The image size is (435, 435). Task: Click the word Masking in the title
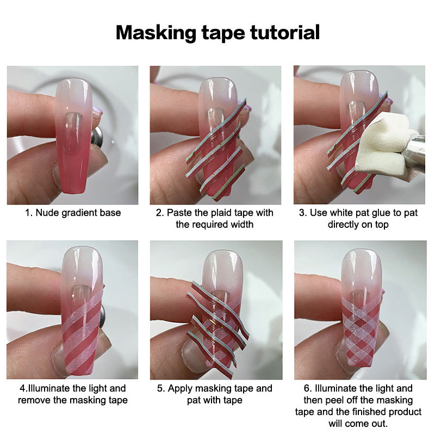click(156, 33)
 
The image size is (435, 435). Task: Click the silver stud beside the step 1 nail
click(97, 137)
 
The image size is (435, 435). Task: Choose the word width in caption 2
click(241, 224)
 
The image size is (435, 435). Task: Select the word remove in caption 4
click(34, 400)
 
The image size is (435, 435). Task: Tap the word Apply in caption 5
click(180, 389)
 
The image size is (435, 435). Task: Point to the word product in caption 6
click(405, 412)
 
